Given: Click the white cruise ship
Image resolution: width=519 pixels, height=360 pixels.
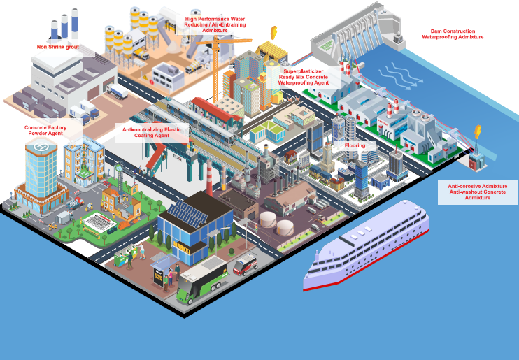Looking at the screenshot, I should coord(364,248).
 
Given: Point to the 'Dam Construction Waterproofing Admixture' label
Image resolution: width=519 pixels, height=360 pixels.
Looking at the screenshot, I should coord(453,34).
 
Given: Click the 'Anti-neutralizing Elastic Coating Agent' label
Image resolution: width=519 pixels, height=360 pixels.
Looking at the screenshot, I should coord(151,132).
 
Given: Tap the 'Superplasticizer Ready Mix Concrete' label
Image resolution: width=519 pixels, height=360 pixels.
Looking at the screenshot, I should coord(303,77).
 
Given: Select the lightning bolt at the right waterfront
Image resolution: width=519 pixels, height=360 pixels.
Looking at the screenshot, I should coord(478,131).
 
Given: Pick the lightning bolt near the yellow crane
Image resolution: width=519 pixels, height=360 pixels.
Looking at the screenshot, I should coord(273,33).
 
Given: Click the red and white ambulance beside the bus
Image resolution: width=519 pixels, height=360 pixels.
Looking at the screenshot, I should coord(245,264).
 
